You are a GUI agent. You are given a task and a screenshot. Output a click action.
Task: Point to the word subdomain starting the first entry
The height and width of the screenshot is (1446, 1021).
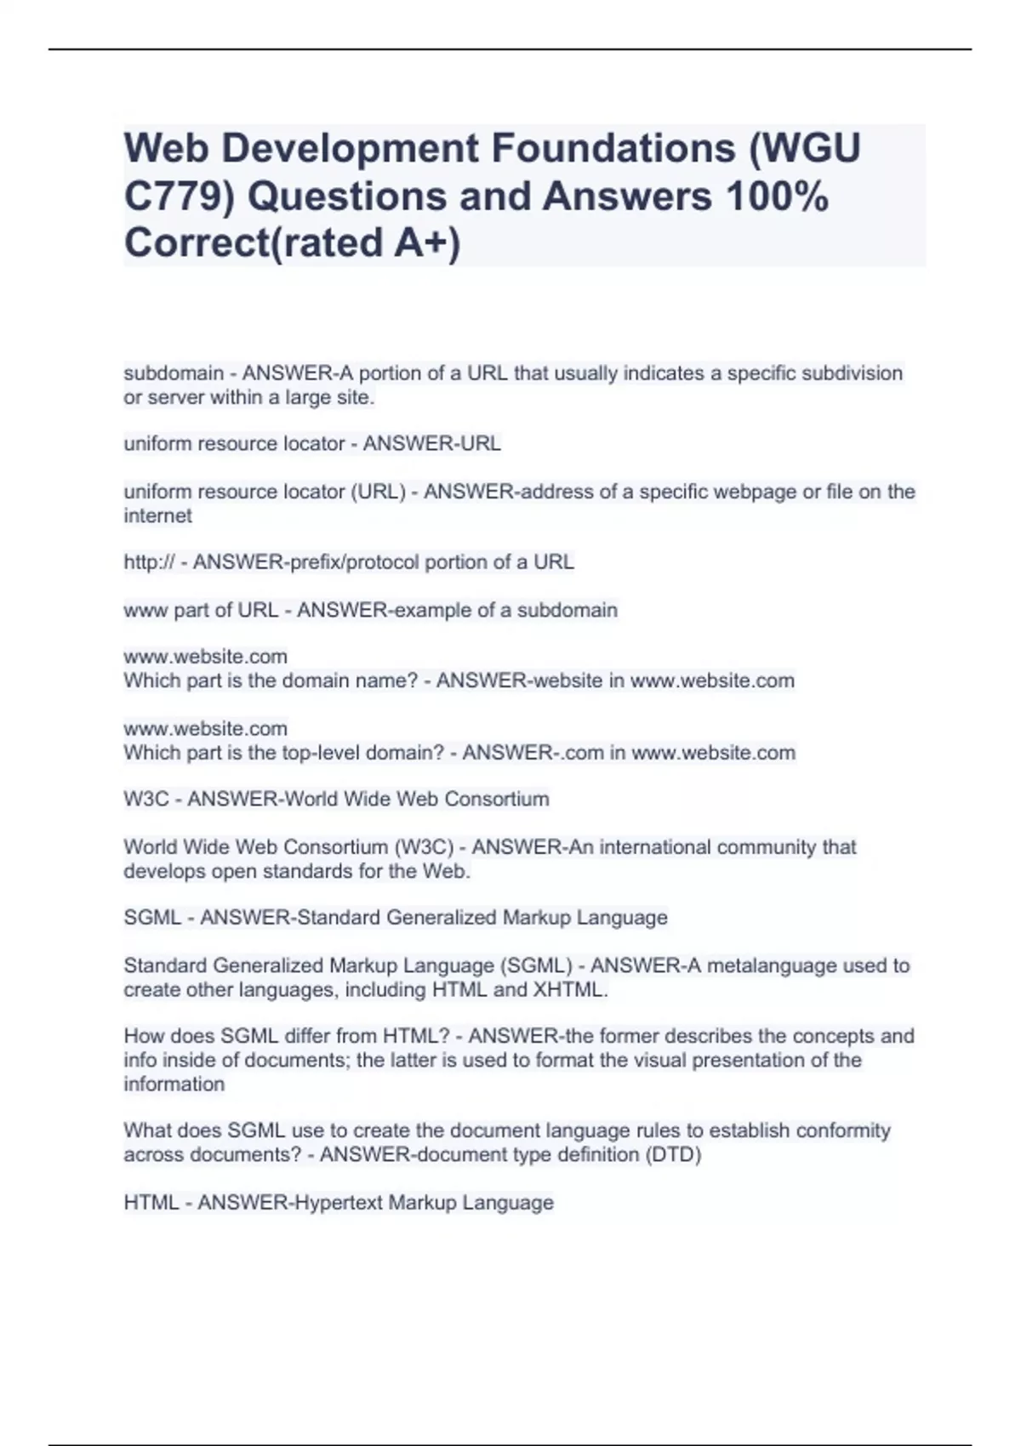[174, 373]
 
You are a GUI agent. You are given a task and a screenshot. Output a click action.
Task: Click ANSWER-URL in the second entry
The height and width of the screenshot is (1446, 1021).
[432, 444]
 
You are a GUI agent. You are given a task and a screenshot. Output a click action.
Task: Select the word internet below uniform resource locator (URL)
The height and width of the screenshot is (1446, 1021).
[157, 515]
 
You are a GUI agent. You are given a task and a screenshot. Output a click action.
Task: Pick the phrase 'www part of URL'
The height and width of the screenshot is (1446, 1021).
[201, 610]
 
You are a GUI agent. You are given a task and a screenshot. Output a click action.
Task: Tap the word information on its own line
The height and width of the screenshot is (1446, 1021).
[174, 1084]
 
